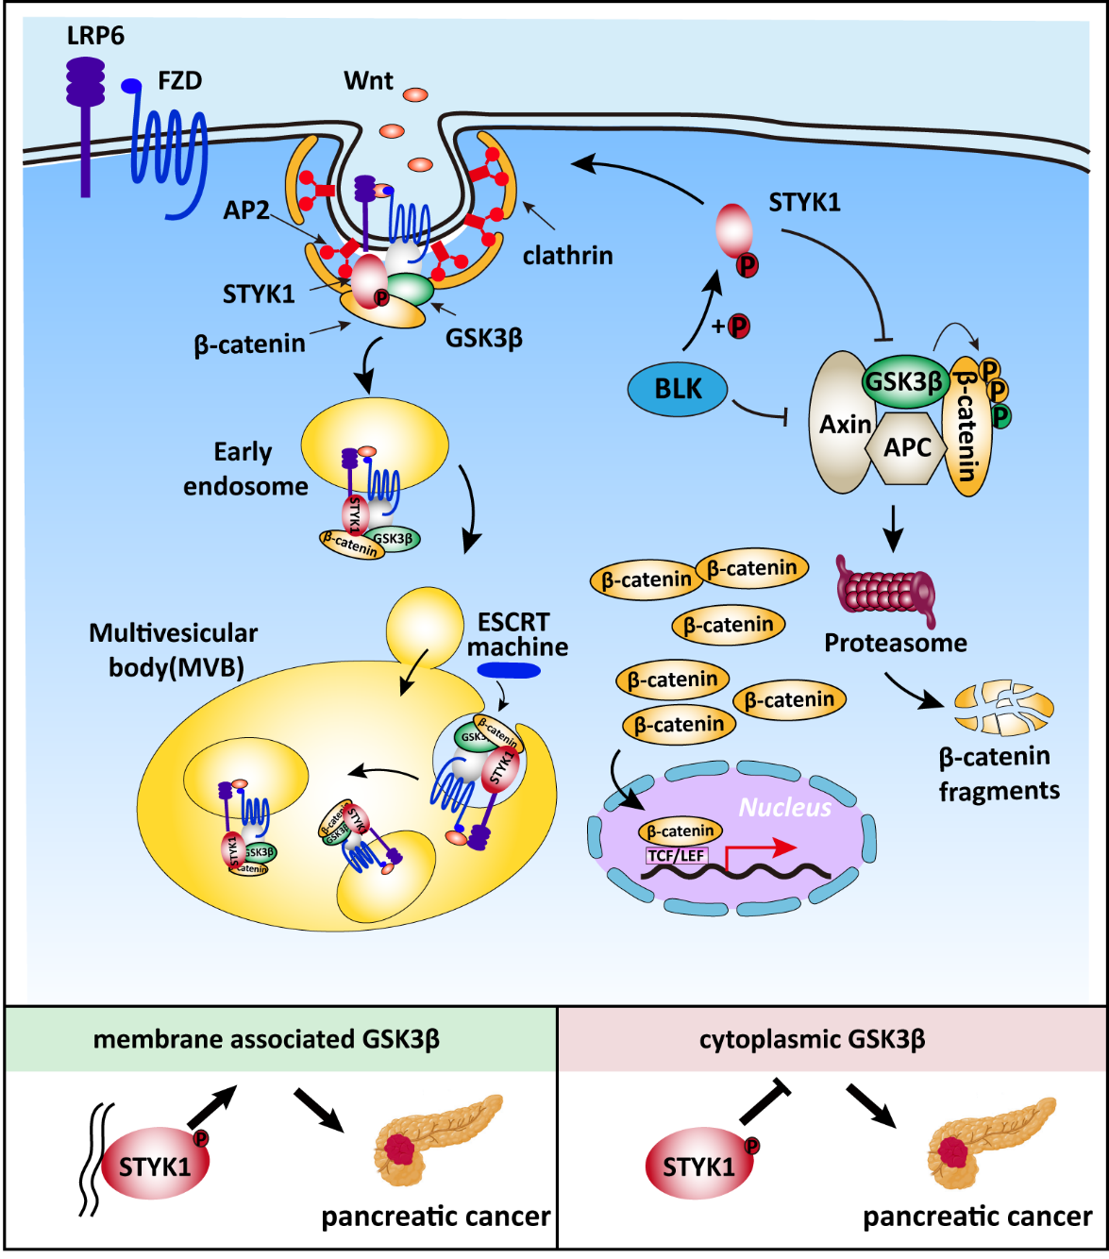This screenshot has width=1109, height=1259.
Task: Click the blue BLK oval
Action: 678,389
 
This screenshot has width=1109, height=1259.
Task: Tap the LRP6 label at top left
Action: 95,37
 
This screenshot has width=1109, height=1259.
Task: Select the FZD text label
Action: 179,81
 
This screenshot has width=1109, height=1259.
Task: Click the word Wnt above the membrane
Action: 368,81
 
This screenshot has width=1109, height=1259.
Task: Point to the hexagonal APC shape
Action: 907,447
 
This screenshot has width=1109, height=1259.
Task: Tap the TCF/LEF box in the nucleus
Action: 677,856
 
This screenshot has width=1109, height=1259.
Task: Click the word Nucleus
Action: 785,808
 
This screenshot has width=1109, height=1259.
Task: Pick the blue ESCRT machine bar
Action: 509,671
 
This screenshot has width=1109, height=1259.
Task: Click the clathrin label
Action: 567,256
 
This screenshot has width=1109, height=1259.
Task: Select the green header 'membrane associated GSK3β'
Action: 266,1040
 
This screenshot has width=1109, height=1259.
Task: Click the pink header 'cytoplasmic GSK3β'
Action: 812,1040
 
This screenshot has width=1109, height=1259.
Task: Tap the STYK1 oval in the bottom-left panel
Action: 154,1167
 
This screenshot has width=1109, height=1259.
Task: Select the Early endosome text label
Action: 244,469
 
